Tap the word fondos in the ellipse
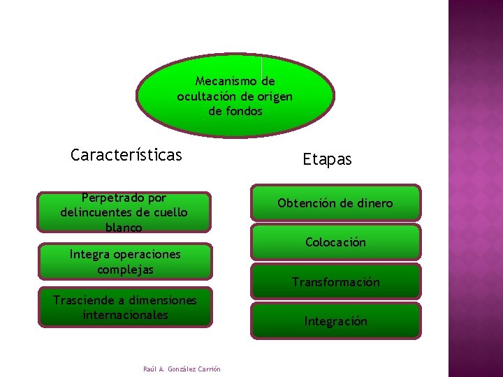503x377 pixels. coord(242,111)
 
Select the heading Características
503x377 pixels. coord(126,154)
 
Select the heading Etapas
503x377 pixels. coord(327,159)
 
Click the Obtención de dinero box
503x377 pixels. coord(335,203)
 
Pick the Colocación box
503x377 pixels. coord(335,242)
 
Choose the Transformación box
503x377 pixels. coord(335,282)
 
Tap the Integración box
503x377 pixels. coord(335,321)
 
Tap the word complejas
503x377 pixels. coord(125,269)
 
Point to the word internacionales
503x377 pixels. coord(125,314)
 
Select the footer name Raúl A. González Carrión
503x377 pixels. coord(181,369)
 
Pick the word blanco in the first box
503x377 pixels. coord(124,227)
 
